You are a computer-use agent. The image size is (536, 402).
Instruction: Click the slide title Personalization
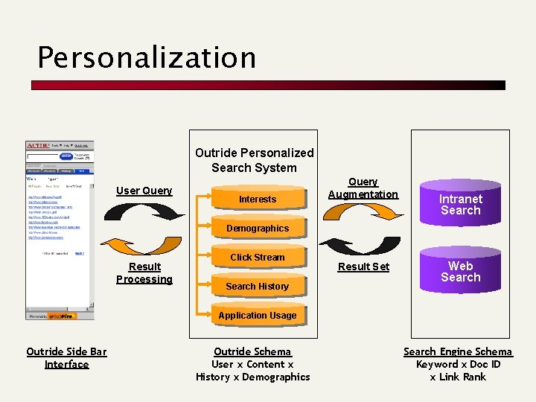point(147,57)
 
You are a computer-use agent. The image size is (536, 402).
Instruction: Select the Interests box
point(257,199)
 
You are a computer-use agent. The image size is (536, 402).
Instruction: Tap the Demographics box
point(257,228)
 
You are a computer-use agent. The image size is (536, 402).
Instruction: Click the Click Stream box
point(257,257)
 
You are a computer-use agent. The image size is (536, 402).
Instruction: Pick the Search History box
point(257,286)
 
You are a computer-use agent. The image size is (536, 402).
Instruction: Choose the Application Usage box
point(257,315)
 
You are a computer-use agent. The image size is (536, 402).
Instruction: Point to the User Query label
point(144,191)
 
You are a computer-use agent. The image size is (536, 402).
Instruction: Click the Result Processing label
point(144,272)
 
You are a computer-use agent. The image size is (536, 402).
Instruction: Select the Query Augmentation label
point(363,188)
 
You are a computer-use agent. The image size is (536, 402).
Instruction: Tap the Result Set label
point(363,267)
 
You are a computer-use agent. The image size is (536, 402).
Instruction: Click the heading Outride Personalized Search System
point(255,160)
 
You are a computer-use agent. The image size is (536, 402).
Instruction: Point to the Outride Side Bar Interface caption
point(66,357)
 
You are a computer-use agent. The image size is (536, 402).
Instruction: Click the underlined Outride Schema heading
point(252,351)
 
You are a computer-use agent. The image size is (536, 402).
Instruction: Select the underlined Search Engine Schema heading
point(458,351)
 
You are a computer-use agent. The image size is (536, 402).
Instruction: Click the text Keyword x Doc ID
point(458,364)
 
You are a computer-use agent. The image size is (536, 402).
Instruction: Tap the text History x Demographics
point(252,377)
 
